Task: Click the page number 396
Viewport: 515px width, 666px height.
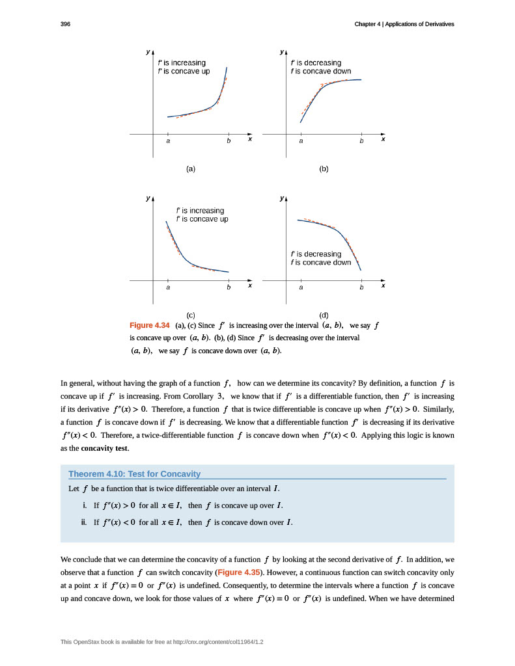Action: pyautogui.click(x=65, y=24)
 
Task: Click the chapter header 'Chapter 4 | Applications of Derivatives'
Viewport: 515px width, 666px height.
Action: pyautogui.click(x=404, y=24)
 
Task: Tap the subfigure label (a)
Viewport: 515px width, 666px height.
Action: pyautogui.click(x=191, y=168)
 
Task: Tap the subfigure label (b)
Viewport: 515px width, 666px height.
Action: pyautogui.click(x=324, y=168)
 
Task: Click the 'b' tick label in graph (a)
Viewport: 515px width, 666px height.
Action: pyautogui.click(x=229, y=140)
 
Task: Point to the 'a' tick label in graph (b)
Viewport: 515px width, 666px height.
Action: pyautogui.click(x=301, y=140)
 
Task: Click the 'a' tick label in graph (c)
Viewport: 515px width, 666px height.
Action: pyautogui.click(x=168, y=287)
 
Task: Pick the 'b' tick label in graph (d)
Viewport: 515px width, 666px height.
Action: pyautogui.click(x=361, y=287)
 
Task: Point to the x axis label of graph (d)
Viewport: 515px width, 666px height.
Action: pyautogui.click(x=383, y=285)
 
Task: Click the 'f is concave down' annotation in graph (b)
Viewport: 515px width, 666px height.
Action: pyautogui.click(x=321, y=71)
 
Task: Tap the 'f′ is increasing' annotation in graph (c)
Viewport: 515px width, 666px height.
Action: pyautogui.click(x=201, y=211)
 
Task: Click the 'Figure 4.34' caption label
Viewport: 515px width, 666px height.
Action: pyautogui.click(x=150, y=325)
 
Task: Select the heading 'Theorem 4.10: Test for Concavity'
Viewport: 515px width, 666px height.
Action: pyautogui.click(x=134, y=473)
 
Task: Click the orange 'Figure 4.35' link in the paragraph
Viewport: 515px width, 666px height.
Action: pyautogui.click(x=239, y=572)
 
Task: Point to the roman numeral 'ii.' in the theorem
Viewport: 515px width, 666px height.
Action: pyautogui.click(x=84, y=522)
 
